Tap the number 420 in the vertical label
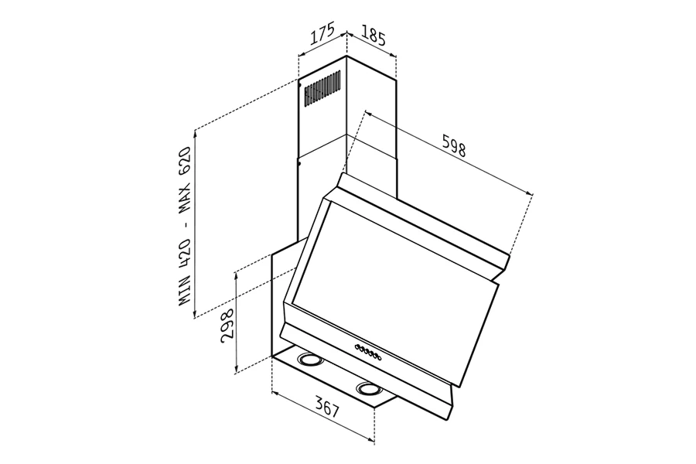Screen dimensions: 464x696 (x=186, y=256)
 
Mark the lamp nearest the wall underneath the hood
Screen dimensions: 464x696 (x=310, y=360)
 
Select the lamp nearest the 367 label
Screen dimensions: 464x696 (x=366, y=388)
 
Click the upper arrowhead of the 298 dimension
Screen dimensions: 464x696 (x=237, y=271)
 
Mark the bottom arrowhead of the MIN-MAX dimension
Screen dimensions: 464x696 (x=196, y=313)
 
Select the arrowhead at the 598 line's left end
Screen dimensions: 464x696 (x=366, y=113)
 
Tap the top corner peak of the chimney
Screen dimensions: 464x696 (x=346, y=56)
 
